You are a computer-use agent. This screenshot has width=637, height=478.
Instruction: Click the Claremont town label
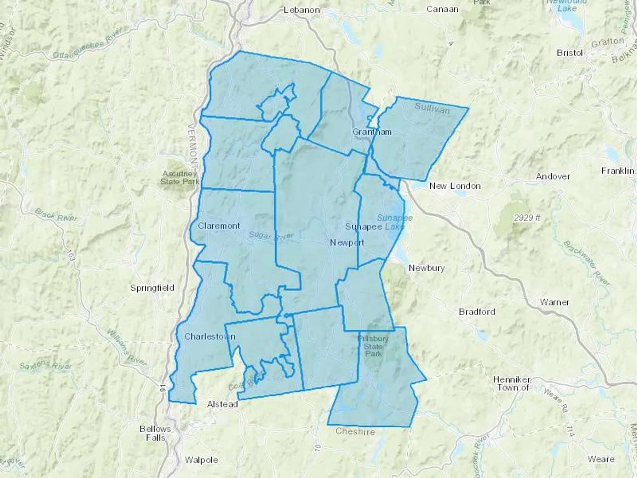click(x=219, y=226)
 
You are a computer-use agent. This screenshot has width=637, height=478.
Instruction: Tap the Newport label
click(x=347, y=243)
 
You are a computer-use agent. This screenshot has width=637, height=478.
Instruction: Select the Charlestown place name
click(x=210, y=336)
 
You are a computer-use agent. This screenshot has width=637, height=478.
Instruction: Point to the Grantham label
click(x=372, y=132)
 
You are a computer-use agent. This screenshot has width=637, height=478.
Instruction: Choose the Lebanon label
click(x=302, y=10)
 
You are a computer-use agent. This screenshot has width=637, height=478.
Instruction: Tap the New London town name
click(x=455, y=186)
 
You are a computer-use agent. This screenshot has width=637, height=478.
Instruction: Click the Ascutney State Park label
click(x=179, y=178)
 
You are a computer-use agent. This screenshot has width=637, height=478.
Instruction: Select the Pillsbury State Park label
click(x=373, y=346)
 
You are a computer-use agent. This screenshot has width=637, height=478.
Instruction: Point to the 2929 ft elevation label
click(x=527, y=218)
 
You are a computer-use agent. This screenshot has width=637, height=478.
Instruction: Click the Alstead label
click(x=222, y=404)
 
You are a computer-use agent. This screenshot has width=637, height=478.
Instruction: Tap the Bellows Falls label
click(x=155, y=433)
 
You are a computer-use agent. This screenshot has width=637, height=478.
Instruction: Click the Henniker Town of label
click(x=513, y=383)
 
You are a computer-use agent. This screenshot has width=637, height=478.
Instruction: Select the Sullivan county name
click(x=432, y=108)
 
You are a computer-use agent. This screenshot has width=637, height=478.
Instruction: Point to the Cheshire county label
click(x=355, y=431)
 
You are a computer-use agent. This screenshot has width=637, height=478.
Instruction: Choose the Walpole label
click(x=201, y=460)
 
